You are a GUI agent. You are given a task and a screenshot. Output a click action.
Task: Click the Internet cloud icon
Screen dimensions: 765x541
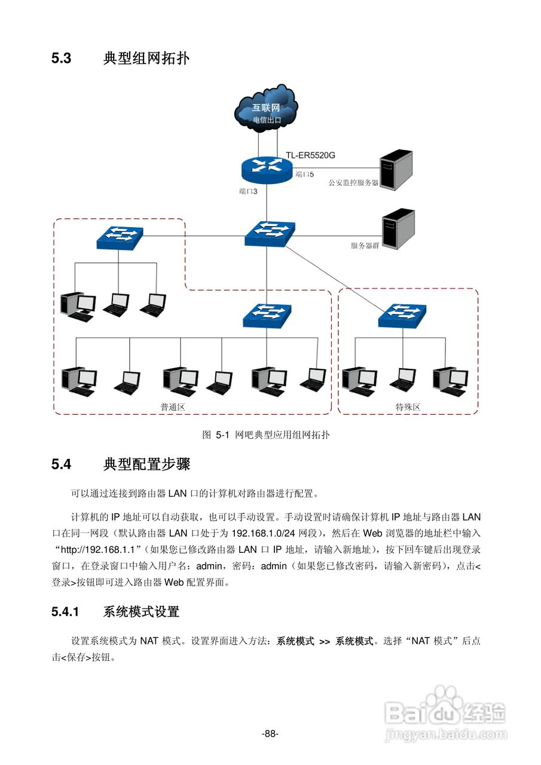pyautogui.click(x=266, y=108)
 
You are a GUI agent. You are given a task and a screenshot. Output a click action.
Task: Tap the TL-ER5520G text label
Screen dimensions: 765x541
pyautogui.click(x=310, y=155)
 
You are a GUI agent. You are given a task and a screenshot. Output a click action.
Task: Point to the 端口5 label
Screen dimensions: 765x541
pyautogui.click(x=304, y=175)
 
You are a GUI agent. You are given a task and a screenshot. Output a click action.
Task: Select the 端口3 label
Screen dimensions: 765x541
pyautogui.click(x=247, y=191)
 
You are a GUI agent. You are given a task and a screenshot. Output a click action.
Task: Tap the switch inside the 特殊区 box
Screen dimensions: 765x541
pyautogui.click(x=402, y=315)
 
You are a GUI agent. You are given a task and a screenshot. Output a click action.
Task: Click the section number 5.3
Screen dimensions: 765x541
pyautogui.click(x=62, y=59)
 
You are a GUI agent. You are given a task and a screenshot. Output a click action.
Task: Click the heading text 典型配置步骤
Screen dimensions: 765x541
pyautogui.click(x=146, y=464)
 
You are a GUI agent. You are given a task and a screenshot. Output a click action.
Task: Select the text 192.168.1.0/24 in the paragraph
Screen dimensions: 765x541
pyautogui.click(x=262, y=532)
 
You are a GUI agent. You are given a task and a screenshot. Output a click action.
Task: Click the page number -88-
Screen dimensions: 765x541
pyautogui.click(x=270, y=733)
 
